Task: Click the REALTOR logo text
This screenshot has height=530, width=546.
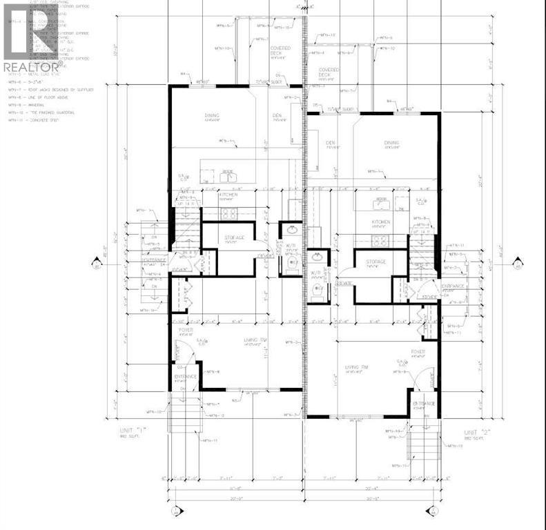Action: coord(31,67)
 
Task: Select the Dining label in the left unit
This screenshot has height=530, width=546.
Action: coord(211,115)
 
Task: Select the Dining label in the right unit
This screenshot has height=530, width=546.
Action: coord(392,144)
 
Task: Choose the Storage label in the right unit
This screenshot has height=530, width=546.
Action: coord(376,262)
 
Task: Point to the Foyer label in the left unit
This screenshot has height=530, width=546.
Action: coord(186,331)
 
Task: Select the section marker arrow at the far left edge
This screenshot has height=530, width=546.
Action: coord(97,262)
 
